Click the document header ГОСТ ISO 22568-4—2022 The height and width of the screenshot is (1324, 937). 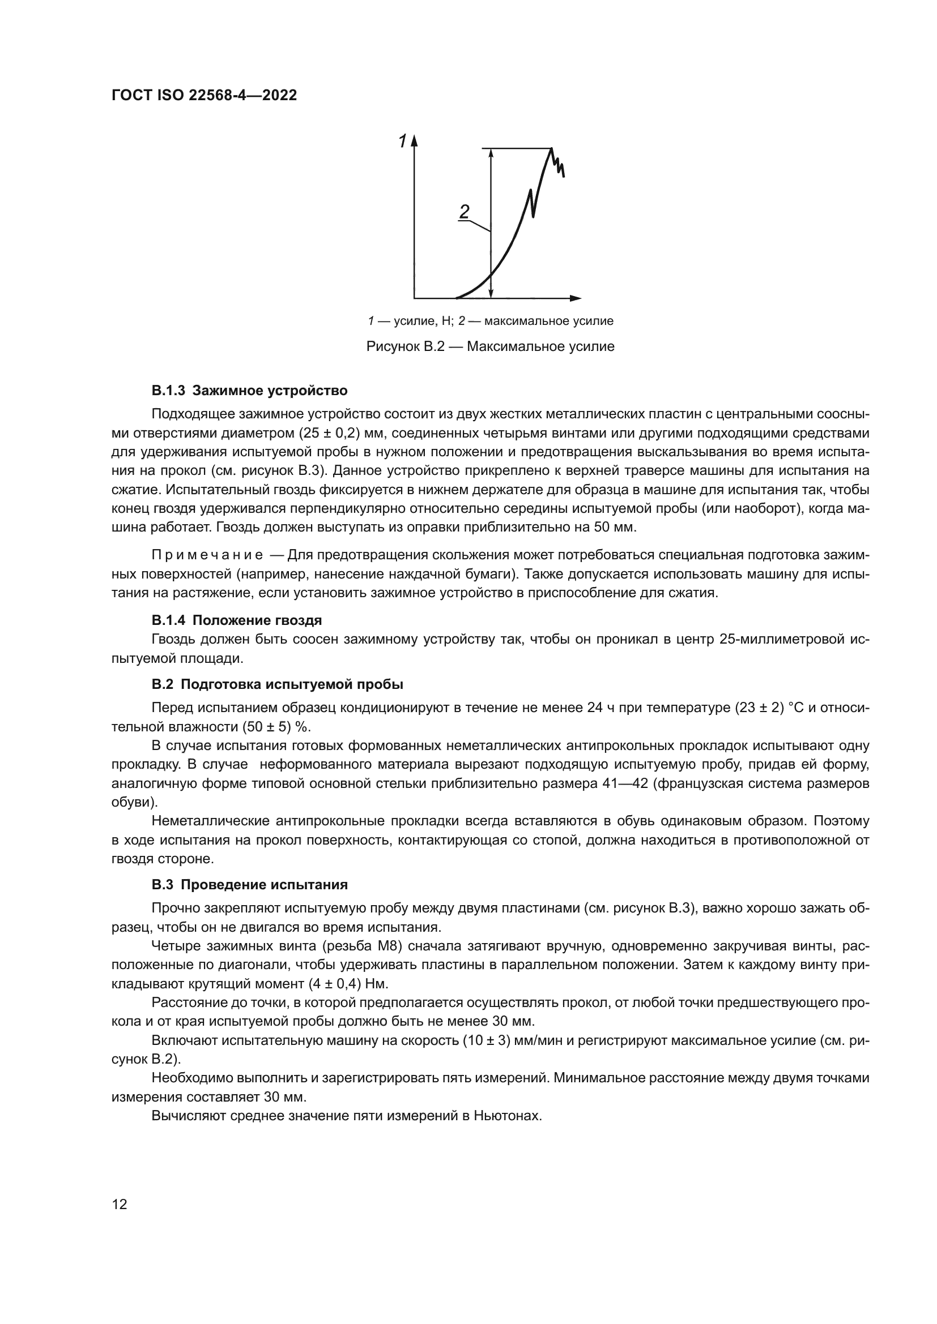click(x=204, y=95)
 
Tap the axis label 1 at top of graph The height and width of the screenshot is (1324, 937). click(x=402, y=141)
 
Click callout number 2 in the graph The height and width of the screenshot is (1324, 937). click(x=465, y=212)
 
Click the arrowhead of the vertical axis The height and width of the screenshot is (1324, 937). click(x=414, y=142)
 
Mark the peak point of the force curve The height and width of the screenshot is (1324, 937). click(x=552, y=149)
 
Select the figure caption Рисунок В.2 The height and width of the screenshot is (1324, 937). click(x=490, y=346)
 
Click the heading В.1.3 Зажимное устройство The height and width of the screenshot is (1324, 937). click(x=249, y=391)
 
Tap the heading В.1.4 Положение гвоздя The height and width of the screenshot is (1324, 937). click(x=237, y=620)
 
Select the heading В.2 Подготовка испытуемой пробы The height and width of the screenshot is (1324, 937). click(x=277, y=684)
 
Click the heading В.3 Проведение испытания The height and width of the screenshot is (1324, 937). click(x=249, y=885)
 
